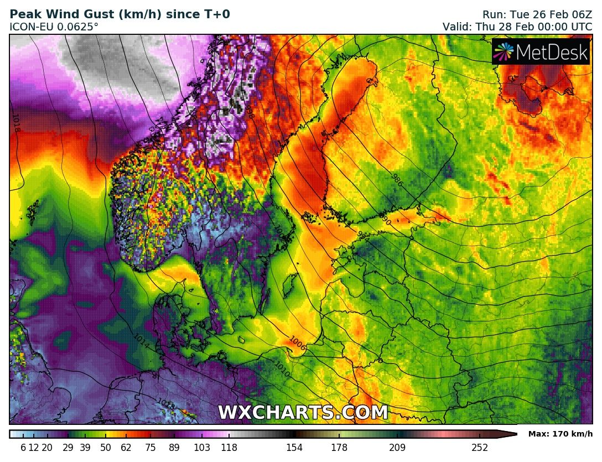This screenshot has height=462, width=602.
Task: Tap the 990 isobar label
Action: pos(385,221)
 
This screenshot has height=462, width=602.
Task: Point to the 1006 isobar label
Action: pos(297,343)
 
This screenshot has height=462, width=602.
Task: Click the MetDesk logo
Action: pos(541,51)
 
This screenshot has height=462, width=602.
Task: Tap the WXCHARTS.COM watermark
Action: pos(303,413)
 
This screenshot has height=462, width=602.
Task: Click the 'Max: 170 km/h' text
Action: pos(560,434)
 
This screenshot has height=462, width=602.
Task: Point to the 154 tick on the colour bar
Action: pos(294,448)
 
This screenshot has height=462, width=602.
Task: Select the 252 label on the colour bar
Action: pos(480,448)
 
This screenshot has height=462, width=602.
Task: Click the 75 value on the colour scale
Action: pos(150,448)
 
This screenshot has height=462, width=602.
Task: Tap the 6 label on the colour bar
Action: pos(23,448)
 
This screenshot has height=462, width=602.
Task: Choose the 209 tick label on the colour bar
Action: pos(397,448)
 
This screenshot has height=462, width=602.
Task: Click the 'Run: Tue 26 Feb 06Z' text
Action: pos(537,14)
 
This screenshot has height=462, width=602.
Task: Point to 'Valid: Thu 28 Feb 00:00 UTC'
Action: pos(517,27)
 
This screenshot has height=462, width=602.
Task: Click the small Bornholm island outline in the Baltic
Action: pos(241,339)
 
